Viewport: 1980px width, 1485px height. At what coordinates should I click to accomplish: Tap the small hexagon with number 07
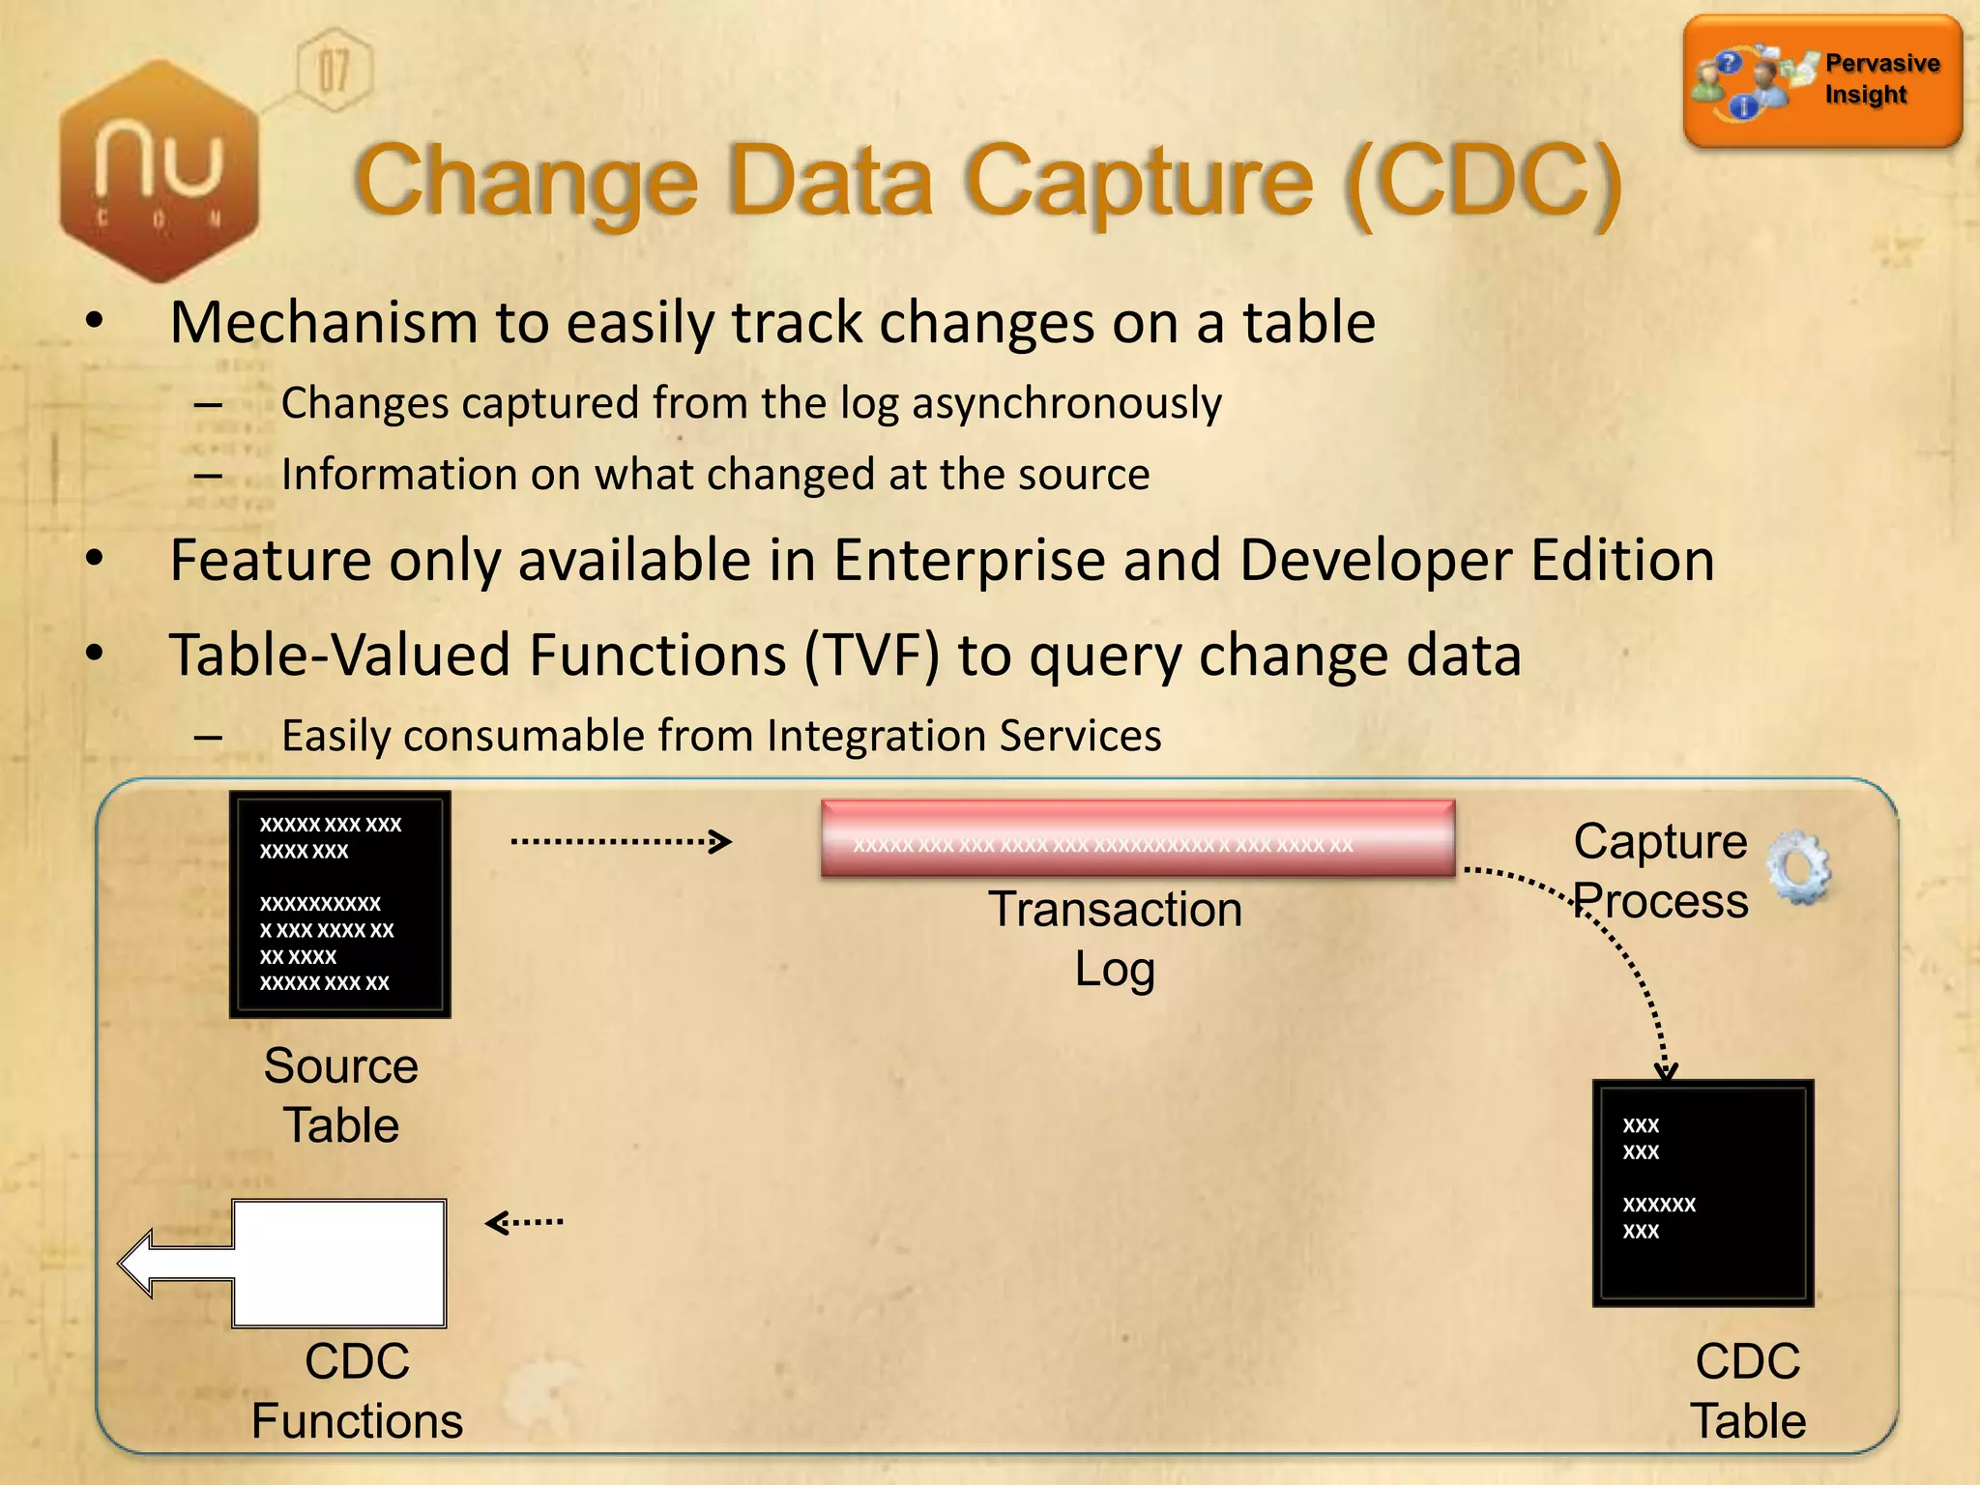(334, 71)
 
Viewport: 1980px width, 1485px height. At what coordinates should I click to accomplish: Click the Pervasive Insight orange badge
(1822, 81)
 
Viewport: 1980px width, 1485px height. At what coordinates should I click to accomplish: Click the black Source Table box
(340, 904)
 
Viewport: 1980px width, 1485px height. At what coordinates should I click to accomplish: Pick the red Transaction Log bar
(1138, 837)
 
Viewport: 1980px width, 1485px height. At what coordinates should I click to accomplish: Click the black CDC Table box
(1703, 1192)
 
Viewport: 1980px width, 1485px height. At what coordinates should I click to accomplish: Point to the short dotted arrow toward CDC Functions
(524, 1223)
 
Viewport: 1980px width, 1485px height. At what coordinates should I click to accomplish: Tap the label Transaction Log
(1115, 939)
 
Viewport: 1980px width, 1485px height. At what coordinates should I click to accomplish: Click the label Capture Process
(1660, 871)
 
